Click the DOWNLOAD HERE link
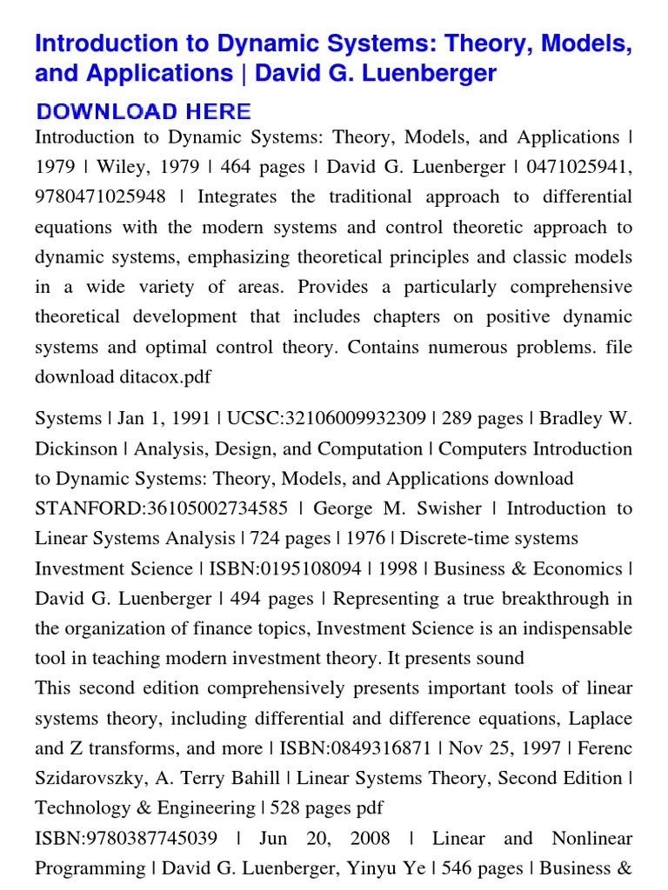pyautogui.click(x=144, y=111)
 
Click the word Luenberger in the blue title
pyautogui.click(x=432, y=74)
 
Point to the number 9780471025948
pyautogui.click(x=100, y=197)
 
